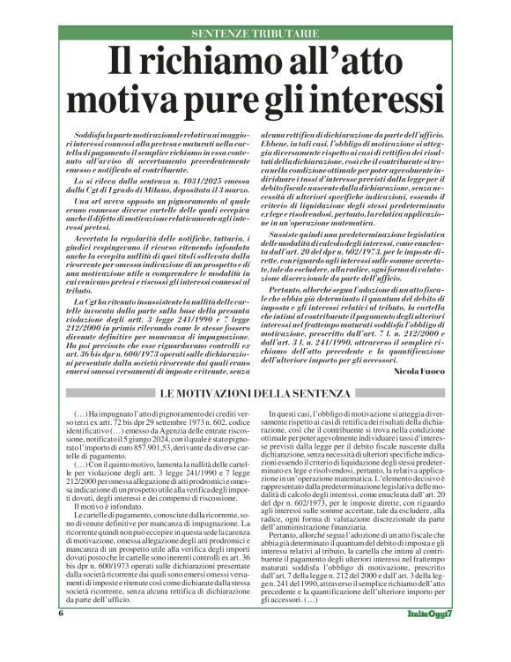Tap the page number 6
[x=61, y=636]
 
